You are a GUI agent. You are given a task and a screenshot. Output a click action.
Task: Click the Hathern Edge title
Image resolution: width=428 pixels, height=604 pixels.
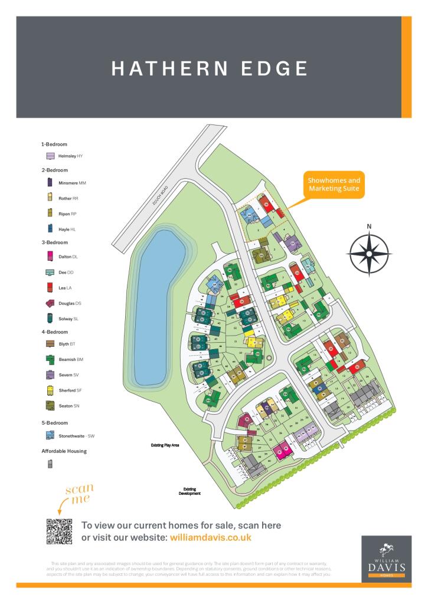coord(210,68)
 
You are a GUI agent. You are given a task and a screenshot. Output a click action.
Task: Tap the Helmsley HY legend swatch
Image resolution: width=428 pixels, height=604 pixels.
coord(51,156)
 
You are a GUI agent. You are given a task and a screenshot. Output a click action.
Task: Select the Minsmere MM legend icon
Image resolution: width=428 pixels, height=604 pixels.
coord(50,183)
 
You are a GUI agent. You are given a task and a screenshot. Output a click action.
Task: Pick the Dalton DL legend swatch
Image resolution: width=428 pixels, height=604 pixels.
coord(50,257)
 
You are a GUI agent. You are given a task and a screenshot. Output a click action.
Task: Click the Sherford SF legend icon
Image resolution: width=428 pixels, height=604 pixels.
coord(50,390)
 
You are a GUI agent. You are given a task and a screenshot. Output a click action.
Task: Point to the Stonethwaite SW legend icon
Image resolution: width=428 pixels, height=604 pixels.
coord(51,436)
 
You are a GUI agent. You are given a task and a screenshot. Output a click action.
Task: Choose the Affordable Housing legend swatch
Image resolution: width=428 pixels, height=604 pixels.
coord(50,464)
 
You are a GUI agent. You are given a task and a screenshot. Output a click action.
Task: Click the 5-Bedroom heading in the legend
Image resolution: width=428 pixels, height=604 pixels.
coord(54,423)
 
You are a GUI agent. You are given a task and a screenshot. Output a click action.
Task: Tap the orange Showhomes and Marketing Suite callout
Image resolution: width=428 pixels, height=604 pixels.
coord(334,184)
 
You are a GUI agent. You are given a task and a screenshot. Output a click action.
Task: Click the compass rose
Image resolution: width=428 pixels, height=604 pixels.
coord(369,254)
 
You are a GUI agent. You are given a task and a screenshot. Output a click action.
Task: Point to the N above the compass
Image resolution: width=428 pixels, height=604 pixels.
coord(369,226)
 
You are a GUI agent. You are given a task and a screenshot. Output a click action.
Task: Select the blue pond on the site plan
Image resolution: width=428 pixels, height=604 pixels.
coord(158,307)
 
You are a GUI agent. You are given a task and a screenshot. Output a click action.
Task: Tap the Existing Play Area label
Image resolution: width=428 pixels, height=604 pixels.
coord(165,445)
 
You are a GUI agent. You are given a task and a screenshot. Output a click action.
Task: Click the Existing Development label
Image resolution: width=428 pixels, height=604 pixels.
coord(190,491)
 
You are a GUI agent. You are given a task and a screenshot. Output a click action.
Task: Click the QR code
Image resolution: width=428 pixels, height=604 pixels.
coord(59,531)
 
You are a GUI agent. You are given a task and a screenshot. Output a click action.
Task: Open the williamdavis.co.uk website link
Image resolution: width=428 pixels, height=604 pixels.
coord(210,537)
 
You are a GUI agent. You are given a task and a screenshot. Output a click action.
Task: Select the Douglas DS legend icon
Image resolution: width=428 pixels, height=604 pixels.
coord(51,303)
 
